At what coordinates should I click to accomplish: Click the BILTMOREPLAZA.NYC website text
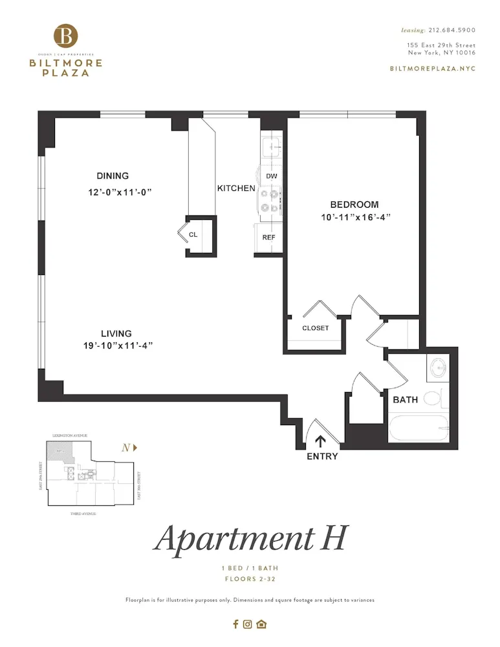[433, 69]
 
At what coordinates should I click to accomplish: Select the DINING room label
[113, 176]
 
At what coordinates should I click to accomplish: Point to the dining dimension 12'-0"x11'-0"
[124, 192]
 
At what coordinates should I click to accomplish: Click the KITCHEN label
[236, 188]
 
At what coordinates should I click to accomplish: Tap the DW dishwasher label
[272, 176]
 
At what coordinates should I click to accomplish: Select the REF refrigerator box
[269, 237]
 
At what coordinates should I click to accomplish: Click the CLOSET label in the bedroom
[316, 328]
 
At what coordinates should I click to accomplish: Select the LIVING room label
[116, 333]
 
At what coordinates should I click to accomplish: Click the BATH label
[406, 400]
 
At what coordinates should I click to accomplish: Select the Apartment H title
[250, 538]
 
